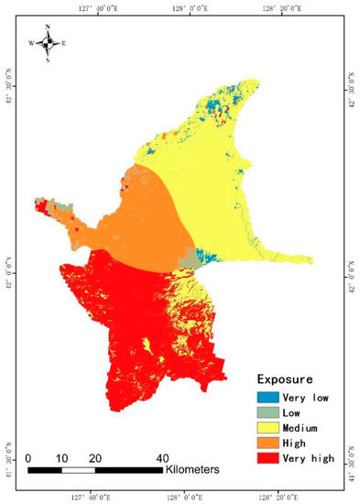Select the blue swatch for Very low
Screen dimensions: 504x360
click(267, 397)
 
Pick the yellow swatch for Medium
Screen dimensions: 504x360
click(267, 427)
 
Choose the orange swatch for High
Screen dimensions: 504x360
click(267, 442)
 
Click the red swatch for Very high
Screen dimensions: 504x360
click(267, 457)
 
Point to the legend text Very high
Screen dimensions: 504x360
click(309, 457)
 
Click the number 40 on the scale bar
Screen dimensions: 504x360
click(162, 457)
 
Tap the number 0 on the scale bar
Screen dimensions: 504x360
click(29, 457)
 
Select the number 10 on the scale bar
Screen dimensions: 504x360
click(61, 457)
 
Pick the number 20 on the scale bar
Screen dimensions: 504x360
click(94, 457)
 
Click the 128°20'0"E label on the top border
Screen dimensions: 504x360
click(274, 7)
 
